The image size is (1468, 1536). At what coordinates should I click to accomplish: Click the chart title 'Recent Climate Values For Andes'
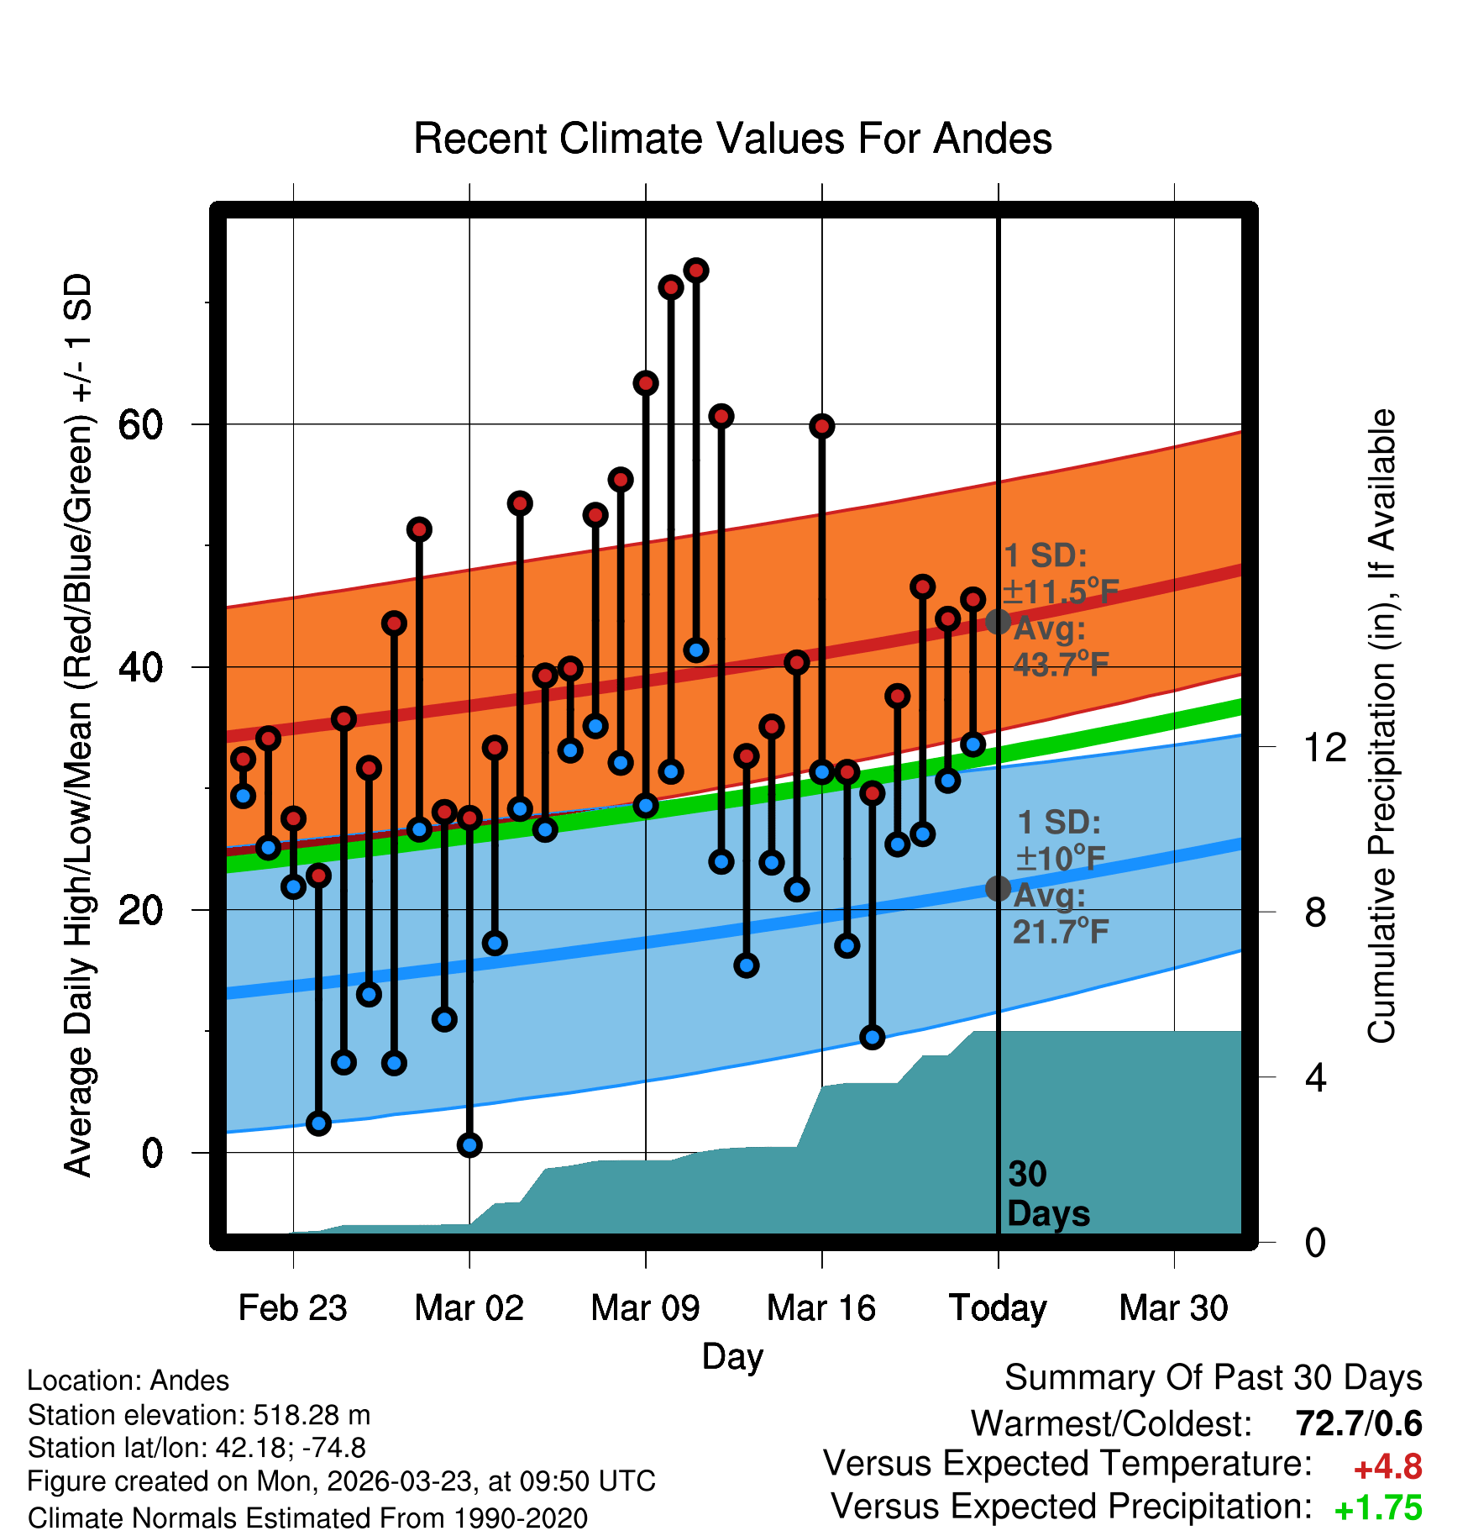tap(732, 139)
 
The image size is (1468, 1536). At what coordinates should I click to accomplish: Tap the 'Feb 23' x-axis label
tap(292, 1308)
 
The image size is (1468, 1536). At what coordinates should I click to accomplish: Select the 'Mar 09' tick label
tap(645, 1308)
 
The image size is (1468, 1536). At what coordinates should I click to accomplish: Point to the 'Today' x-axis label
tap(998, 1308)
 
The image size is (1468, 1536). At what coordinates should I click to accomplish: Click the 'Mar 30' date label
tap(1173, 1308)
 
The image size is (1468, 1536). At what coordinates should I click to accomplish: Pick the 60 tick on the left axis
tap(140, 425)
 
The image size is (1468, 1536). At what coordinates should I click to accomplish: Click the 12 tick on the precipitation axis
tap(1325, 747)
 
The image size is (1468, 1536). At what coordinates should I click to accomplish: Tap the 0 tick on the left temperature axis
tap(152, 1153)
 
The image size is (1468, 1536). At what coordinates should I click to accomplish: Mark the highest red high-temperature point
tap(696, 271)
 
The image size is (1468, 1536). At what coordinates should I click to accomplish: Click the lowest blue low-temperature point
tap(469, 1144)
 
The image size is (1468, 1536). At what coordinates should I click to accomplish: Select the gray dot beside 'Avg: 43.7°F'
tap(998, 622)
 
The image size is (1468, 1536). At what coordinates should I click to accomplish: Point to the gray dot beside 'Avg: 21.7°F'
tap(998, 888)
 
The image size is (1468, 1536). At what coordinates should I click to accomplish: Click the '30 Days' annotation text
tap(1047, 1194)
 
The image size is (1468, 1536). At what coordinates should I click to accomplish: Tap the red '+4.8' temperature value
tap(1388, 1467)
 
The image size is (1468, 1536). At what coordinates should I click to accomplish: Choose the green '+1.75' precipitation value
tap(1378, 1508)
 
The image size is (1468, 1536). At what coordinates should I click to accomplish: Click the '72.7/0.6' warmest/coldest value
tap(1359, 1423)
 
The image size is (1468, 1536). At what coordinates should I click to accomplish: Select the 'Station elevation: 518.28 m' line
tap(199, 1416)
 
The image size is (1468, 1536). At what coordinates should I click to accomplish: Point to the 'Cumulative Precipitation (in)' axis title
tap(1382, 726)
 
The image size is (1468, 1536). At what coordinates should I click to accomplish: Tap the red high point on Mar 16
tap(822, 426)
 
